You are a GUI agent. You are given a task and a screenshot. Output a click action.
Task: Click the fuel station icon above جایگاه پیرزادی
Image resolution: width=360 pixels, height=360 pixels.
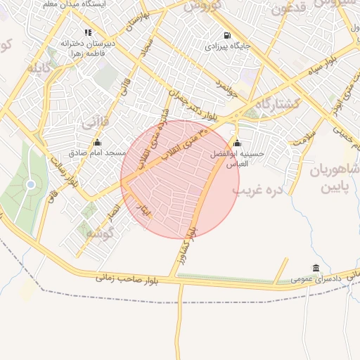(226, 35)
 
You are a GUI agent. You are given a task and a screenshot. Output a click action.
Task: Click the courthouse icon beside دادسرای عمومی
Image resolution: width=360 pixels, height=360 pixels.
(315, 269)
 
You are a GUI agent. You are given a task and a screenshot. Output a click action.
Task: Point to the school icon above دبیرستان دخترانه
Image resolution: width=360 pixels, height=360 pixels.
(88, 32)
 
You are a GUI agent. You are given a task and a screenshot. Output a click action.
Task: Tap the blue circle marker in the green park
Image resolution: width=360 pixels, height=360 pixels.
(30, 184)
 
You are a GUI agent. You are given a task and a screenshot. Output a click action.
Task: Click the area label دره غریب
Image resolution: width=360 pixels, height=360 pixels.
(257, 190)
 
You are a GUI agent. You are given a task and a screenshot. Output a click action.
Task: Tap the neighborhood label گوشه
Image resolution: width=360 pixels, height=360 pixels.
(101, 233)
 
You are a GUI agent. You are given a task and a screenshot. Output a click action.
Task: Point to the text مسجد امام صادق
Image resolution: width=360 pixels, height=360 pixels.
(97, 153)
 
